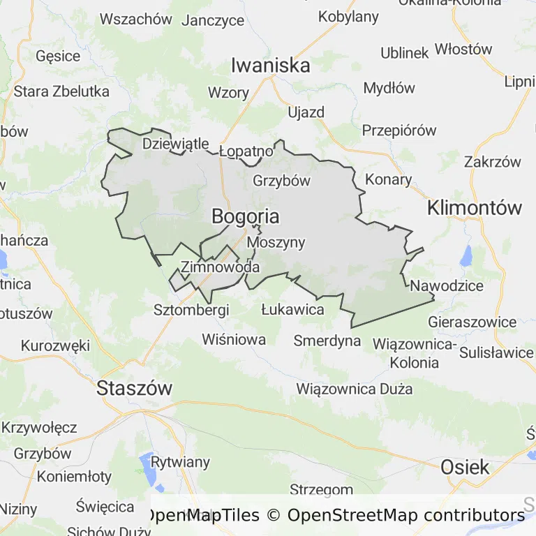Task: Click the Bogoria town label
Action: (245, 217)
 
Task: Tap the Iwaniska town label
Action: (271, 66)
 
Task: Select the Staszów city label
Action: (135, 389)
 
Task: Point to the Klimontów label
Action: (475, 207)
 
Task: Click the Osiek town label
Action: (465, 467)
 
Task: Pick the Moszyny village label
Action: (276, 243)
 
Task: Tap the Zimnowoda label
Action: (220, 267)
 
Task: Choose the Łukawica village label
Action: (292, 308)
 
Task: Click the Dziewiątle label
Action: (175, 144)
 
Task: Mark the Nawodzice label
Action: (447, 285)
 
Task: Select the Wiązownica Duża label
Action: (354, 389)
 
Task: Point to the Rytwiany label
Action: (180, 462)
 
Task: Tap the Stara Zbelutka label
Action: (61, 91)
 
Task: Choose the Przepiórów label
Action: (399, 131)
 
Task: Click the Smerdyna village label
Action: (327, 341)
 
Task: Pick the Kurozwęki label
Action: (56, 345)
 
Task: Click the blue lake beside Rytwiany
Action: (149, 465)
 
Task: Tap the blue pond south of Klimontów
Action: (466, 255)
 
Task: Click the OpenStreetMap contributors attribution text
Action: (405, 516)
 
